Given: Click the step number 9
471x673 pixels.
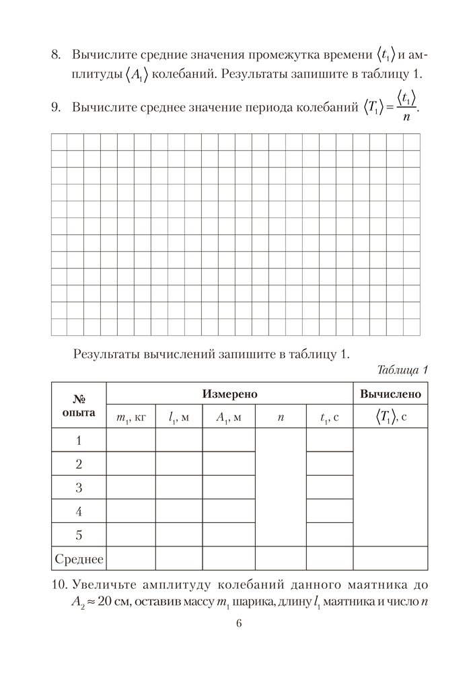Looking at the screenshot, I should [56, 106].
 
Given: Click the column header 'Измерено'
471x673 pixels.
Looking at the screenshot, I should [229, 394].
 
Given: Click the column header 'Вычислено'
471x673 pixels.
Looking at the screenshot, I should [390, 394].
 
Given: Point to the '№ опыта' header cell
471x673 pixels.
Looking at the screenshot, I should [79, 405].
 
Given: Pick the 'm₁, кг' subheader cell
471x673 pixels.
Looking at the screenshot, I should [131, 417].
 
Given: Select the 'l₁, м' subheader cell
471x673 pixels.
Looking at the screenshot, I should [179, 417].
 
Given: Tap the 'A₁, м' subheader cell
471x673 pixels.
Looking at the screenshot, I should [229, 417].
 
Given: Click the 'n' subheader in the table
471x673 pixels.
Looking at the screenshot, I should [281, 417].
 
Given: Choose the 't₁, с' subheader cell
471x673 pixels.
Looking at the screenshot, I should [330, 417].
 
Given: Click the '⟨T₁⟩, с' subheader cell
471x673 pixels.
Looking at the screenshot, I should [390, 417].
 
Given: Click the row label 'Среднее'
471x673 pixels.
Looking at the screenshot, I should [79, 559].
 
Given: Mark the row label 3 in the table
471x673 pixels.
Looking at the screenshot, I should [79, 487].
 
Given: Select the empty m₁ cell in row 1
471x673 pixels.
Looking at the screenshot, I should [131, 441].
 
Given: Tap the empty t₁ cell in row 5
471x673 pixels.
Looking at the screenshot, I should [330, 534].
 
